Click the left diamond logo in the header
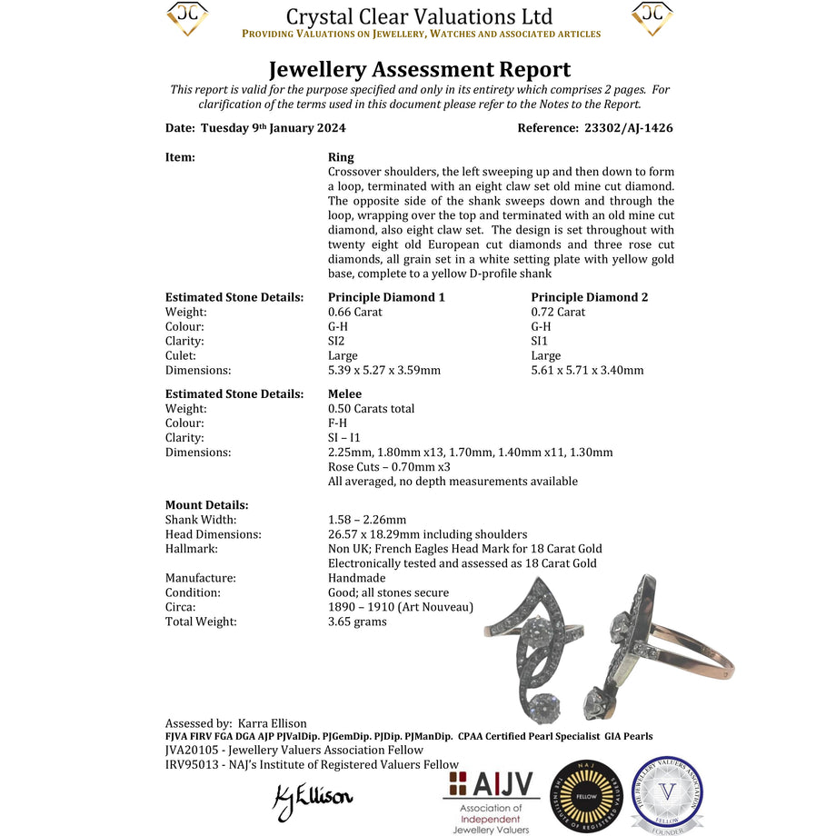[x=187, y=18]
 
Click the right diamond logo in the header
[x=652, y=18]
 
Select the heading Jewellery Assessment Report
[x=419, y=69]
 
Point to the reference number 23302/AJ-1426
[x=622, y=128]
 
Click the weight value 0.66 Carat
[x=355, y=312]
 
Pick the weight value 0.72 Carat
[x=559, y=312]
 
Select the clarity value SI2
[x=338, y=341]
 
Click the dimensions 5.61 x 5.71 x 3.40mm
[x=587, y=370]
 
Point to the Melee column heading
[x=344, y=393]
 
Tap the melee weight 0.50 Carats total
[x=371, y=408]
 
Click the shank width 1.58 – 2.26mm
[x=367, y=520]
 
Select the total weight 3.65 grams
[x=357, y=622]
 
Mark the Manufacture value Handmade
[x=356, y=578]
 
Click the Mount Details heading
[x=206, y=504]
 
